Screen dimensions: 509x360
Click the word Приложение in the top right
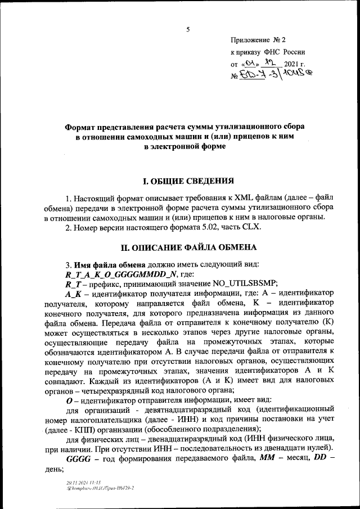coord(250,40)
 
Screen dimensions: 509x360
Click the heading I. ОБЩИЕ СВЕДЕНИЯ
coord(186,182)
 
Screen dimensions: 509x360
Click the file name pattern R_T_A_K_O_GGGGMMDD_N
coord(121,274)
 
